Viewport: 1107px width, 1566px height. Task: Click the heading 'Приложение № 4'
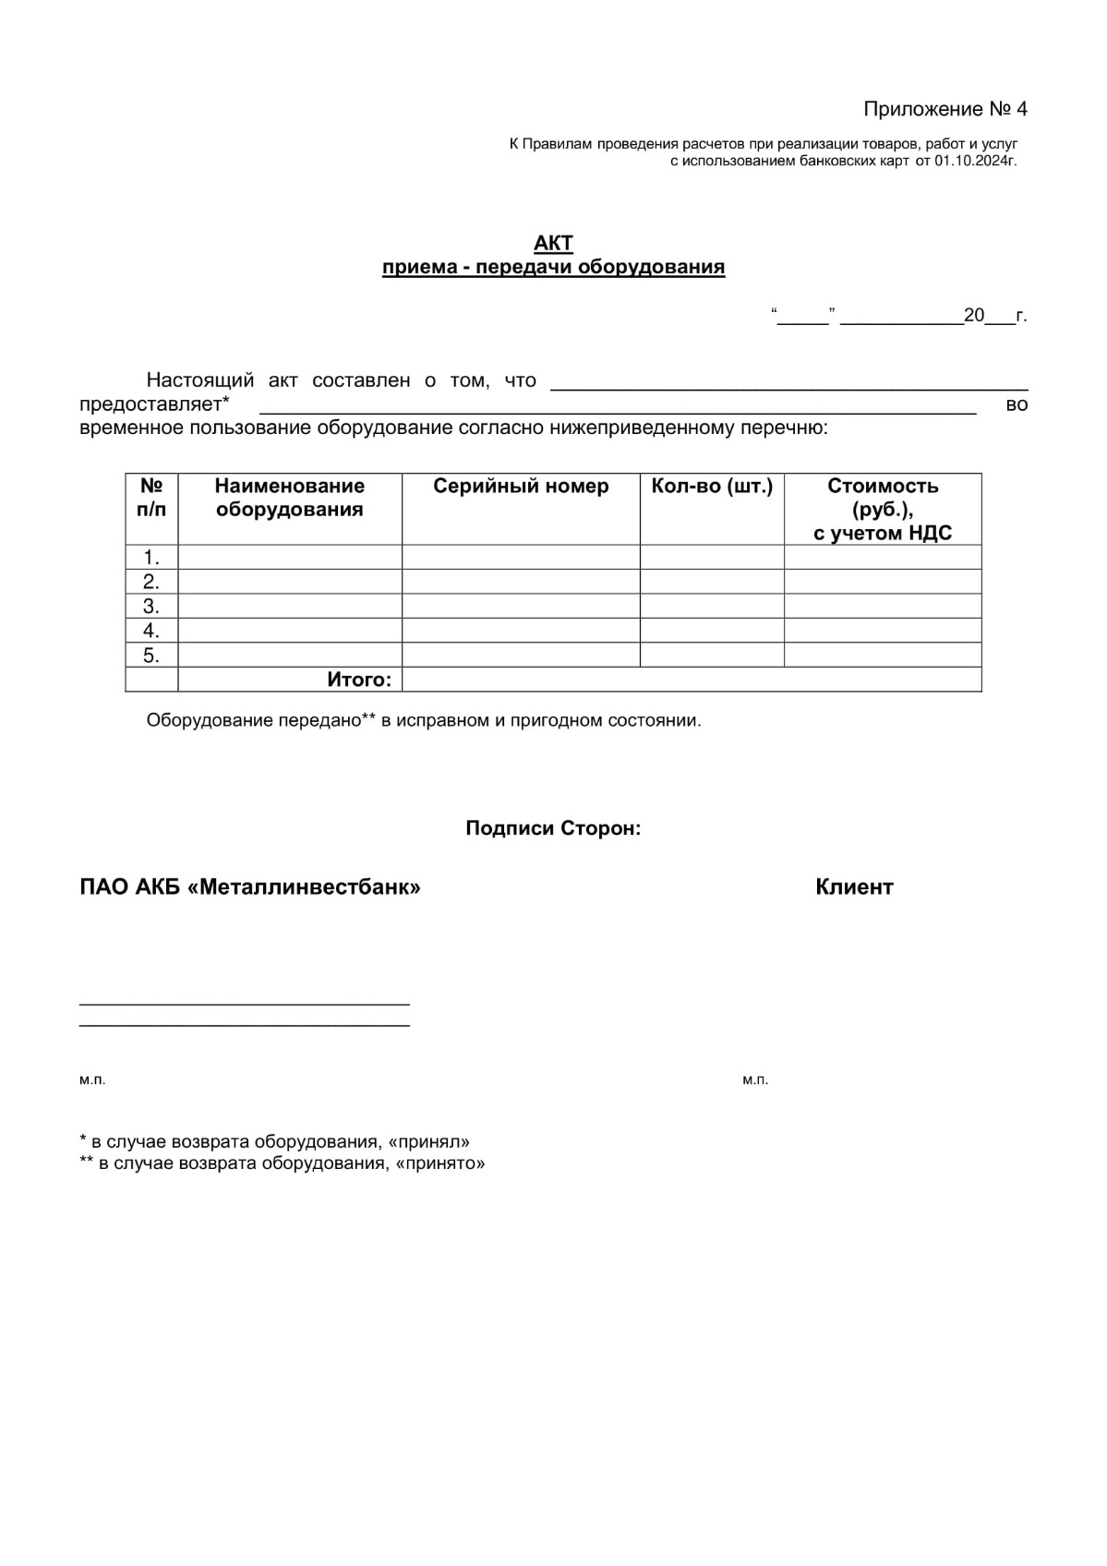945,109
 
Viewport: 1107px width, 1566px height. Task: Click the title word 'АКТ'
553,243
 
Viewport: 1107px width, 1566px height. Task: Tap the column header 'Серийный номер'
521,487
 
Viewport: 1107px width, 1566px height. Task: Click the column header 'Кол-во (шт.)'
712,487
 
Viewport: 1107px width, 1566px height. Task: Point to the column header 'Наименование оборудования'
289,498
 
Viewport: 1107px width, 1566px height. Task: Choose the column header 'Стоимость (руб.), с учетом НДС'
883,509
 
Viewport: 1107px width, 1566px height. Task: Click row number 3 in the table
151,607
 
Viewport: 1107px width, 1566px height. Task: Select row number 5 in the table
151,656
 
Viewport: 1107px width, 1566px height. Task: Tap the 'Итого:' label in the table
359,680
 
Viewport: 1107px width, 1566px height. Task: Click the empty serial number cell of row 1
521,557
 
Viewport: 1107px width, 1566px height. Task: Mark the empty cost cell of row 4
883,631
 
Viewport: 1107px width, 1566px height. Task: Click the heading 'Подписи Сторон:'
553,828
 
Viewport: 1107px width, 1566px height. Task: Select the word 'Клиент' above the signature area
854,887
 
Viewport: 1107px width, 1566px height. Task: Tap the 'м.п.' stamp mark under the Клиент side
755,1079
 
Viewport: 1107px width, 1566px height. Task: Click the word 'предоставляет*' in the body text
154,404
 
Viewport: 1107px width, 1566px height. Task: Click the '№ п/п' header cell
151,498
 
